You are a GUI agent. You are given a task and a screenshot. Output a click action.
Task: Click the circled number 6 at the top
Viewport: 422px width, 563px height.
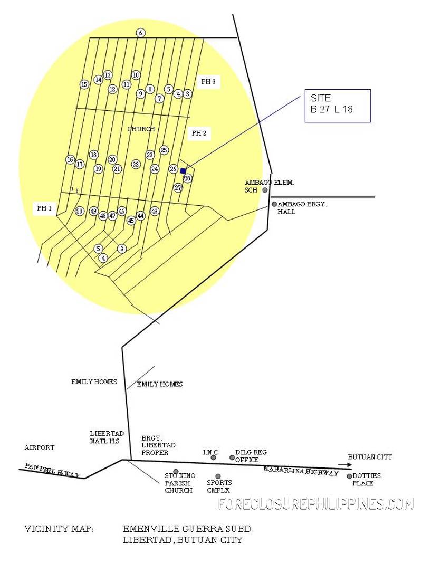tap(141, 33)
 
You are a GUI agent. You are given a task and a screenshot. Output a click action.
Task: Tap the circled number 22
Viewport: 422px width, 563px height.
tap(136, 165)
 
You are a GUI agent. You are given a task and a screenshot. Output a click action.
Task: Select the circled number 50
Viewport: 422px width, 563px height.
tap(80, 211)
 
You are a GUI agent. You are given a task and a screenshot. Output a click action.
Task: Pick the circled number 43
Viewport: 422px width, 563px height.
tap(155, 211)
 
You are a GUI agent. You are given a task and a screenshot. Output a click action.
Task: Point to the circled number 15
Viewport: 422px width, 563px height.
tap(84, 85)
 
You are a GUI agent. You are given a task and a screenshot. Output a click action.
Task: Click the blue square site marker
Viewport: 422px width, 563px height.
tap(183, 171)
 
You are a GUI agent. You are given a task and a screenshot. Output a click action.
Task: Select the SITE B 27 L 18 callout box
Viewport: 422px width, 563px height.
tap(338, 106)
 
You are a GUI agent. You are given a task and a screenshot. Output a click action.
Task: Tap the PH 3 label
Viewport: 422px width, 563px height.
tap(208, 81)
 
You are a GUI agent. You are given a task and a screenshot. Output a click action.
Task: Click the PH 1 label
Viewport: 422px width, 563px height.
tap(44, 208)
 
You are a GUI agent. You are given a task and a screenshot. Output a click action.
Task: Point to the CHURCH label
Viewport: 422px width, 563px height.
tap(141, 129)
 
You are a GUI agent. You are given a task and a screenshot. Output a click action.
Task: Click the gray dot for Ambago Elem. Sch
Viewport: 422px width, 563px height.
tap(265, 190)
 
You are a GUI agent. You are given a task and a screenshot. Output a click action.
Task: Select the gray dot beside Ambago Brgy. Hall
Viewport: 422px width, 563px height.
tap(274, 204)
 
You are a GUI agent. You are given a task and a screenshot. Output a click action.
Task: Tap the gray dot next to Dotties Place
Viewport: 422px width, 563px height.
tap(349, 476)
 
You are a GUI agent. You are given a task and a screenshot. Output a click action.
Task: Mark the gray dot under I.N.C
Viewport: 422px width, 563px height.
tap(214, 457)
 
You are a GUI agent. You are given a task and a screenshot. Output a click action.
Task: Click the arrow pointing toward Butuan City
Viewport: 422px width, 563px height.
tap(344, 465)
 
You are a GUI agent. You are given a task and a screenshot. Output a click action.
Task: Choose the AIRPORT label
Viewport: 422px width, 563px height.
tap(40, 448)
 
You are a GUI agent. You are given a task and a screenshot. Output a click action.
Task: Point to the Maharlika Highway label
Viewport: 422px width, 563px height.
tap(301, 471)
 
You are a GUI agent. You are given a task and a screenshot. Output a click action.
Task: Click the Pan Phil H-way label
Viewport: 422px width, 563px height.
tap(52, 471)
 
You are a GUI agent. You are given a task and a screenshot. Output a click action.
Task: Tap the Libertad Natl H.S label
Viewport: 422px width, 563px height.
tap(107, 437)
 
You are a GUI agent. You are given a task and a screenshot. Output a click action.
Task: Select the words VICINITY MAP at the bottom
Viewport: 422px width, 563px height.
tap(59, 529)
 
